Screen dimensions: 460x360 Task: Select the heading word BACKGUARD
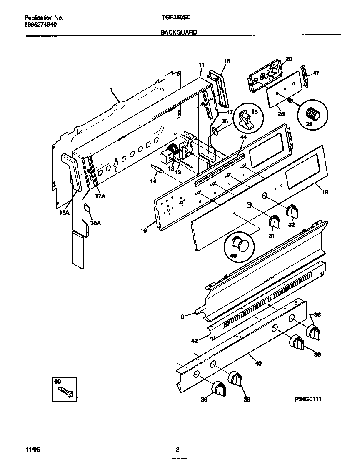[179, 32]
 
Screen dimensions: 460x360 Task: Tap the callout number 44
[243, 136]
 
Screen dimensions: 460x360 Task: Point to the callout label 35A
[95, 223]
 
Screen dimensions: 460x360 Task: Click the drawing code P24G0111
[308, 399]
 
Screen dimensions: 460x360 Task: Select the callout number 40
[258, 363]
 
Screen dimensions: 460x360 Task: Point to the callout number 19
[325, 192]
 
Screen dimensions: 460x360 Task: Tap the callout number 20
[289, 59]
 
